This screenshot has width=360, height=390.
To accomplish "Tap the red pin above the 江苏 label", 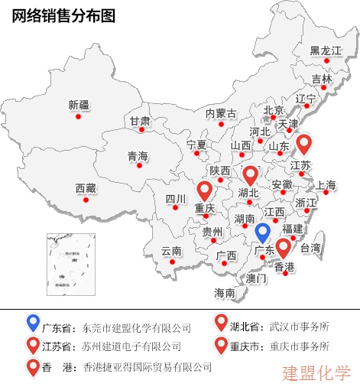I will pos(305,143).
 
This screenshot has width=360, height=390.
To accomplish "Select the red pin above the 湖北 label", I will pos(250,174).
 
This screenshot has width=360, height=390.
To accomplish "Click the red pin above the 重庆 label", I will pos(204,190).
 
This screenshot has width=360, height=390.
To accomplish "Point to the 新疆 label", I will pos(79,105).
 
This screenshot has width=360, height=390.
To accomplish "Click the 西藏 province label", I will pos(86,187).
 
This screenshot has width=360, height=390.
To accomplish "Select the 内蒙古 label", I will pos(221,113).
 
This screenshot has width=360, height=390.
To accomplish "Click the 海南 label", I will pos(225,292).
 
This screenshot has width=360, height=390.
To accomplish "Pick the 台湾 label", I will pos(310,248).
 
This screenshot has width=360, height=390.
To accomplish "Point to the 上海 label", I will pos(326,184).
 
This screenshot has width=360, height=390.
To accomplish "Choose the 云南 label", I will pos(171,251).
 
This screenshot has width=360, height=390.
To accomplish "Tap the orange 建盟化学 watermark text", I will pos(316,373).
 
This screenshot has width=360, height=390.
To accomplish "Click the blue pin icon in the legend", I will pos(32,324).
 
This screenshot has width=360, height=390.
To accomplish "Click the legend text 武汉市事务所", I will pos(299,327).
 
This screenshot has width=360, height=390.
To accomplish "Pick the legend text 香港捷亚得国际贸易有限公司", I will pos(147,367).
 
